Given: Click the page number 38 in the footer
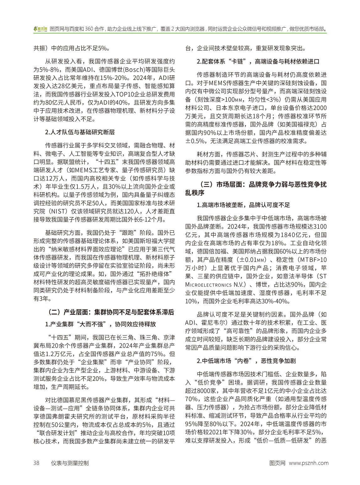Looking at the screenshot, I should coord(36,463).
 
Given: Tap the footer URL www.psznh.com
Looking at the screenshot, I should coord(309,463).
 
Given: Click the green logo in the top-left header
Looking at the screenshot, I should coord(40,29).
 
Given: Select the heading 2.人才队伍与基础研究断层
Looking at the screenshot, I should coord(80,132).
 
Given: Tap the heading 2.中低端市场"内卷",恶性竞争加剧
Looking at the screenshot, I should coord(246,361).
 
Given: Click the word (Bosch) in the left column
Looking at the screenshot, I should coord(115,69).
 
